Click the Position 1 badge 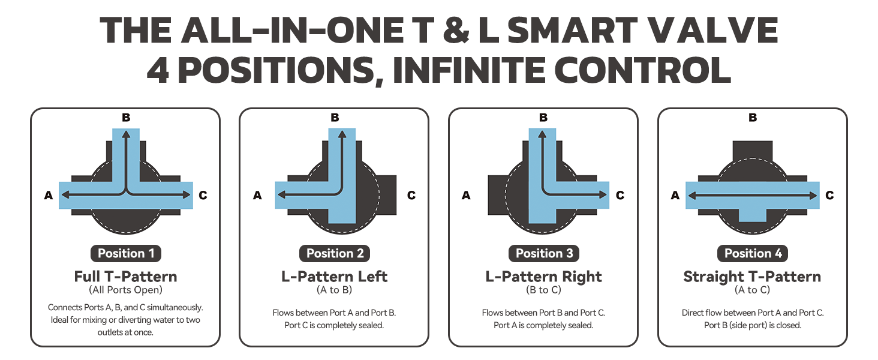click(x=126, y=253)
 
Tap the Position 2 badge click(x=335, y=253)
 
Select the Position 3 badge click(x=544, y=253)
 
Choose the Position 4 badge click(x=753, y=253)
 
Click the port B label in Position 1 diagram click(x=126, y=117)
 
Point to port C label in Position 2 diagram click(x=411, y=195)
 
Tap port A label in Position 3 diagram click(x=466, y=195)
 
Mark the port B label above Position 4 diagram click(x=753, y=117)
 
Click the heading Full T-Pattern click(x=126, y=277)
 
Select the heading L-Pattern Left click(x=334, y=277)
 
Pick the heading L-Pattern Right click(x=544, y=277)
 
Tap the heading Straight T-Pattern click(x=752, y=277)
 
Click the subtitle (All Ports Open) click(x=125, y=290)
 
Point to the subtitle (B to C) click(x=544, y=290)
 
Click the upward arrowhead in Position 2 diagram click(x=342, y=134)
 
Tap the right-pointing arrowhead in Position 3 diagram click(x=603, y=194)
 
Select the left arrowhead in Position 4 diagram click(x=692, y=195)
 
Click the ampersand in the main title click(x=456, y=31)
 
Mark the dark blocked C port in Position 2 click(x=387, y=195)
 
